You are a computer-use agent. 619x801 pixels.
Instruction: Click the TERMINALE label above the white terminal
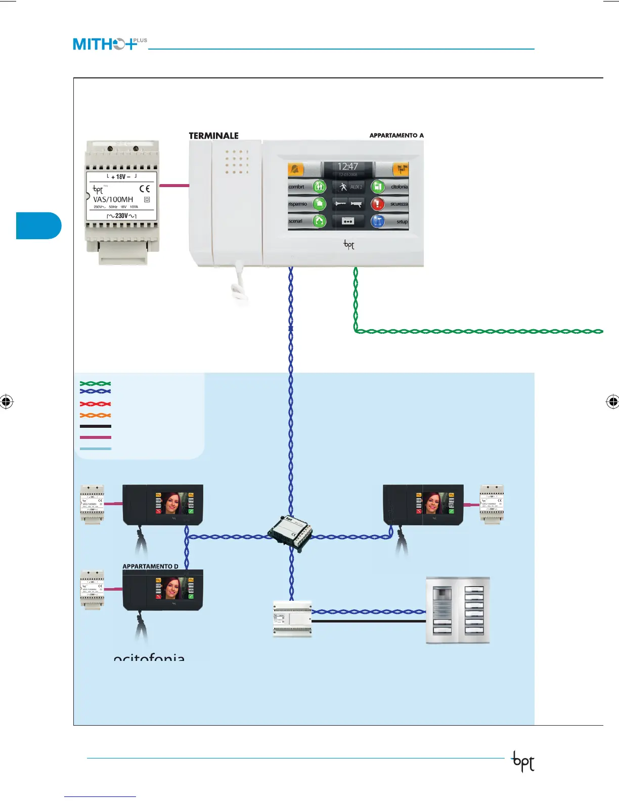tap(213, 136)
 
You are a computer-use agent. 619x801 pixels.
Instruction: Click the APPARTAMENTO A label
tap(396, 136)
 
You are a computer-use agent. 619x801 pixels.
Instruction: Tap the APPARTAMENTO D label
tap(150, 566)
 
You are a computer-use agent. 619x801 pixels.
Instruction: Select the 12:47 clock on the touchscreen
tap(347, 167)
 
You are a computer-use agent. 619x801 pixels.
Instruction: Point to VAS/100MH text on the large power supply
tap(113, 199)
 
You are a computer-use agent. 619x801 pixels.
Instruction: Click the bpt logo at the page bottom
tap(523, 762)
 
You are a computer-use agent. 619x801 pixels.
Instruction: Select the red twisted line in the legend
tap(95, 404)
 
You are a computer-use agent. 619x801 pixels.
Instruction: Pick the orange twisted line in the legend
tap(95, 415)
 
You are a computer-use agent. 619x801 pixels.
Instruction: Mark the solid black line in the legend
tap(95, 426)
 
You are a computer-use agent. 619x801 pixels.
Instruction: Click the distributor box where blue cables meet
tap(290, 533)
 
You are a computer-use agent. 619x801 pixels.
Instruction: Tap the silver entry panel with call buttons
tap(458, 610)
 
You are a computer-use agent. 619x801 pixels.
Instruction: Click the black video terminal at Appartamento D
tap(162, 590)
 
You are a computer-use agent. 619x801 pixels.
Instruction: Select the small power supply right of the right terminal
tap(492, 504)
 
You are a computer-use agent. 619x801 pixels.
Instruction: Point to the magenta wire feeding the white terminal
tap(174, 186)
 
